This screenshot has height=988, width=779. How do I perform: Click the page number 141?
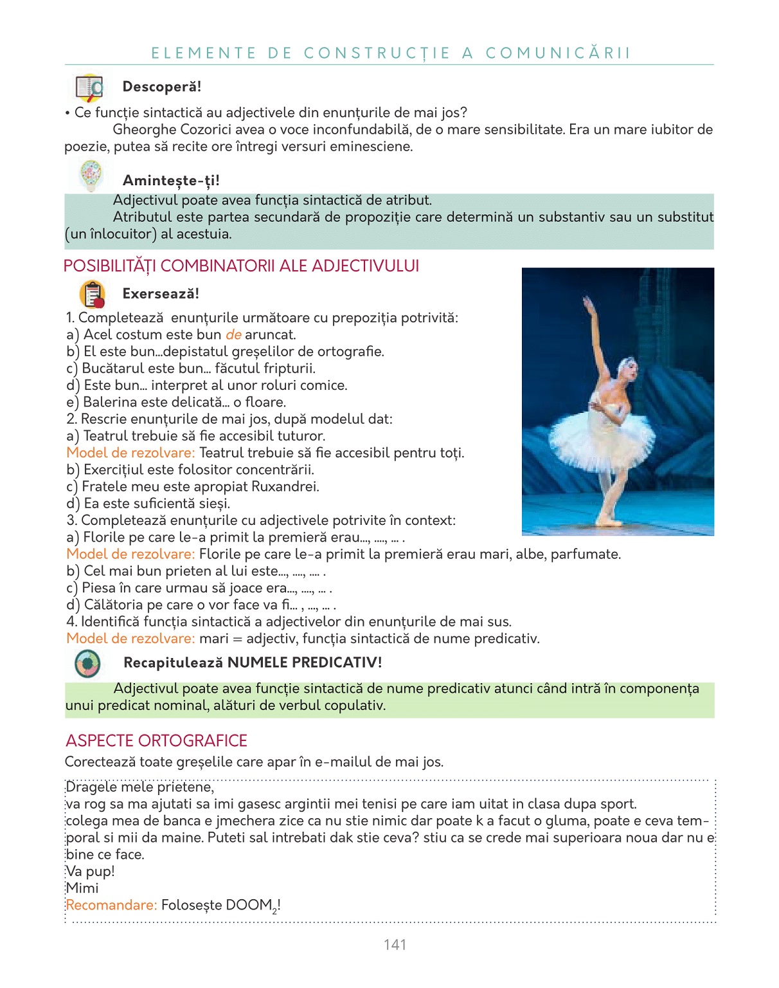click(x=395, y=944)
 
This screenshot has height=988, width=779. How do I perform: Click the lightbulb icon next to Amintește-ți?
click(x=91, y=175)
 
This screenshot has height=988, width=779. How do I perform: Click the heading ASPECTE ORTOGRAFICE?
click(x=156, y=740)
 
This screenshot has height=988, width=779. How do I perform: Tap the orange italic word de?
click(x=233, y=334)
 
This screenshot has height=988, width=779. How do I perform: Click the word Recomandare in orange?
click(x=111, y=905)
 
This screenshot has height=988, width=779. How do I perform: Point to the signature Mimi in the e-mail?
click(x=82, y=888)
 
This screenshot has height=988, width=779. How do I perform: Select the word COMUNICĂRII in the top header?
click(x=558, y=53)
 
